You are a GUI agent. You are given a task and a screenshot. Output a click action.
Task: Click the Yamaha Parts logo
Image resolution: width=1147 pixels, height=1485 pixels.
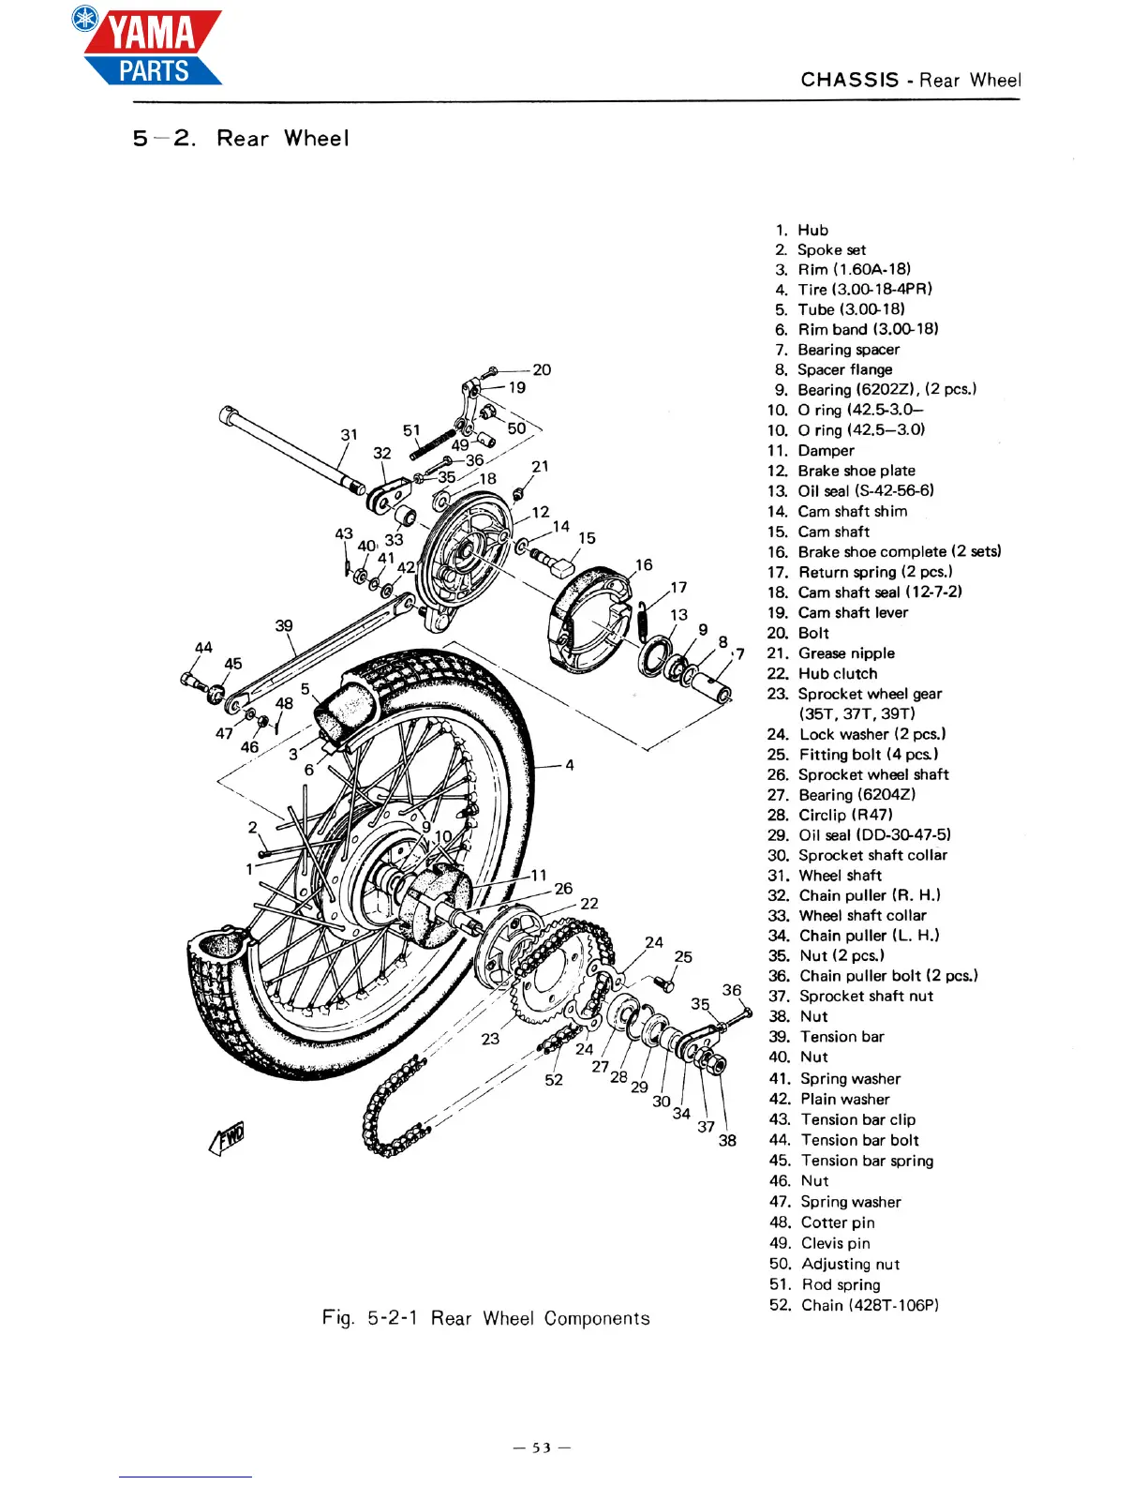(x=150, y=47)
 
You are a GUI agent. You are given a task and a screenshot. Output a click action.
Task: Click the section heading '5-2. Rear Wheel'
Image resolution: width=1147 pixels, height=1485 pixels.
(x=241, y=139)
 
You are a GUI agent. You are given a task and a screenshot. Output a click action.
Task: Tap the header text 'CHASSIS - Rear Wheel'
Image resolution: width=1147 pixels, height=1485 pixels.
(x=910, y=81)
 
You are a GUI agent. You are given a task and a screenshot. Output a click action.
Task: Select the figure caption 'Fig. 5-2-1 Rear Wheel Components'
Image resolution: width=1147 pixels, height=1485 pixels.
(x=485, y=1318)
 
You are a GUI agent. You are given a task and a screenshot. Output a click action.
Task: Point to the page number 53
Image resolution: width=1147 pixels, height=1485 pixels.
(x=542, y=1447)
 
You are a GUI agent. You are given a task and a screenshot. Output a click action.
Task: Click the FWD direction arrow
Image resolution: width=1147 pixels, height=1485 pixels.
(x=228, y=1139)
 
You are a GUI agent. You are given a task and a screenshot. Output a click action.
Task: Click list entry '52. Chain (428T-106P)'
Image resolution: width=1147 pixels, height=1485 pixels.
(x=854, y=1305)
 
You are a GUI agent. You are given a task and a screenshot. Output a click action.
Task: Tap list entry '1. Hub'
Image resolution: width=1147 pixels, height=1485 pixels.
(x=802, y=230)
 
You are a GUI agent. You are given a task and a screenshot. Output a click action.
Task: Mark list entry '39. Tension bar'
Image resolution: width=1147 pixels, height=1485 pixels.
(x=827, y=1037)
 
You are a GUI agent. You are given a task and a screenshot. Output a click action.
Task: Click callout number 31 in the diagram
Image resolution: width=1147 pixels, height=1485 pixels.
(x=349, y=435)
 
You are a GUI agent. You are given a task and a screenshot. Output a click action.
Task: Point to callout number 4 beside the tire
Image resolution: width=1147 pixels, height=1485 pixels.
(x=570, y=765)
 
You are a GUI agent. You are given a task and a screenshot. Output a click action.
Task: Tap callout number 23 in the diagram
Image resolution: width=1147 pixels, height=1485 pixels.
(x=490, y=1039)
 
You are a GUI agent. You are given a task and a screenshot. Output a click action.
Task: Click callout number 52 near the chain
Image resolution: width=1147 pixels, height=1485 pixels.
(x=554, y=1080)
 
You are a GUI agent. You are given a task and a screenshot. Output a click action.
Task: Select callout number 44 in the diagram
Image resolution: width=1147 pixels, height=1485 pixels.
(x=203, y=648)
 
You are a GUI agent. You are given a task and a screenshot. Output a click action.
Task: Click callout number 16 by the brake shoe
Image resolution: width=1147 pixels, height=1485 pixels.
(x=644, y=565)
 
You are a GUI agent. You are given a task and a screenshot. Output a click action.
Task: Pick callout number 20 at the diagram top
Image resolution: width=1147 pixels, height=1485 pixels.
(x=542, y=370)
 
